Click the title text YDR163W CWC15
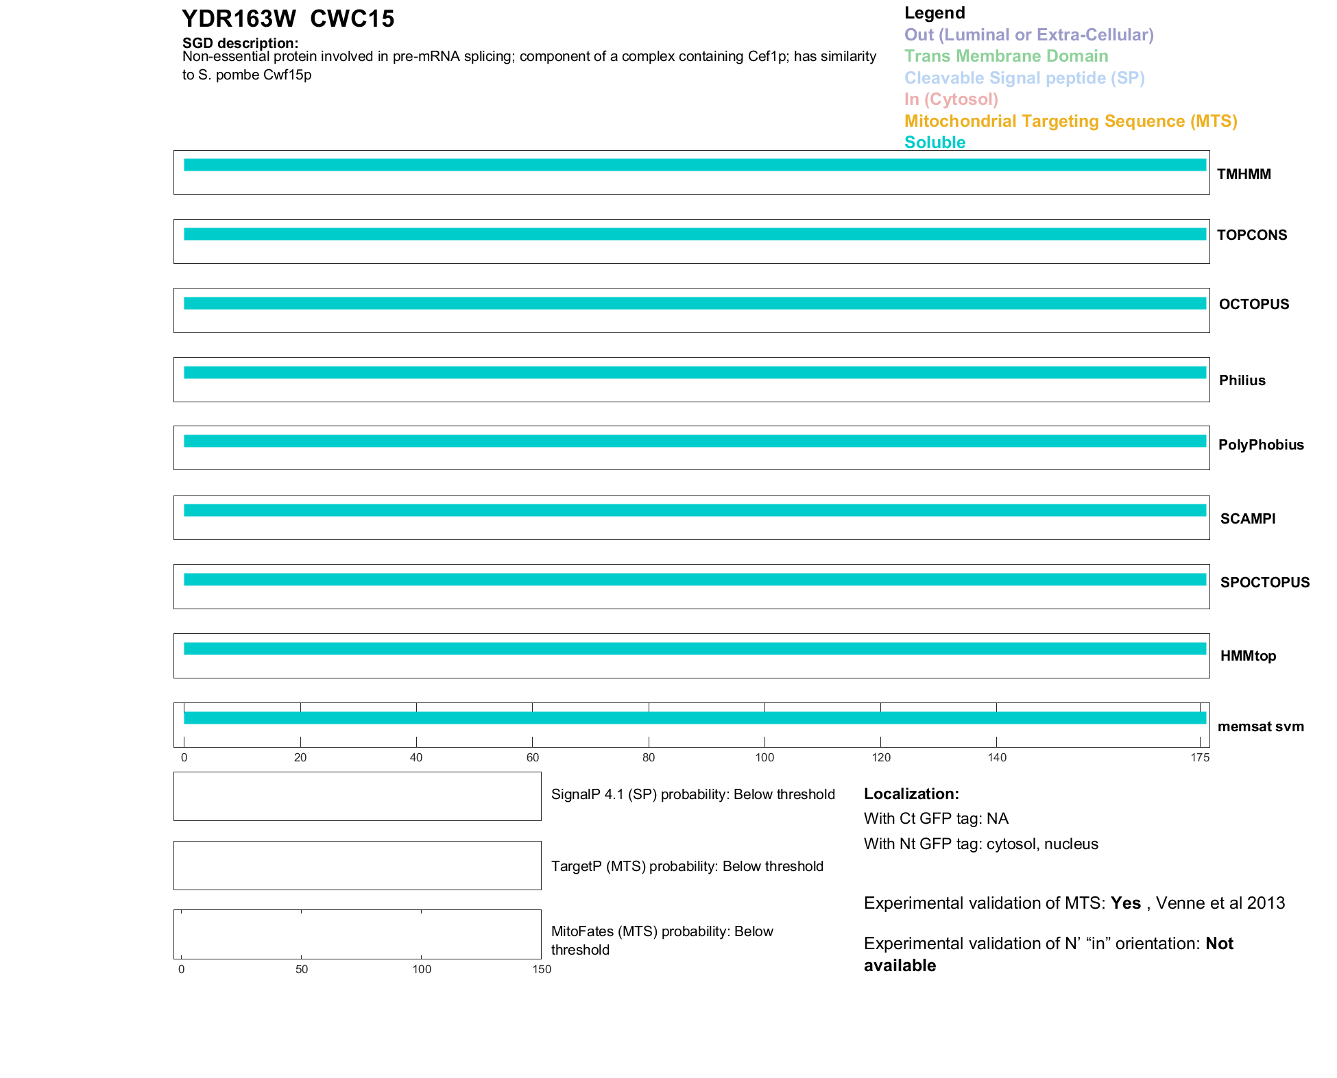288,19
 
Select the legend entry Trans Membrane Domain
1006,56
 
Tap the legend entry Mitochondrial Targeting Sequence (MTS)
1070,121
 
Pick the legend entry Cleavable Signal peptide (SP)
1024,78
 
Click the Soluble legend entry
935,143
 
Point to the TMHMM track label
1244,174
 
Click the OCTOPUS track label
1253,304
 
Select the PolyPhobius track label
1261,445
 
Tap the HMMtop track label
1248,656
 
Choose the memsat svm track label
1260,726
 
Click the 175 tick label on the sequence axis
1200,757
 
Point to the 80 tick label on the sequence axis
649,757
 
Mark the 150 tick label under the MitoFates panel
542,969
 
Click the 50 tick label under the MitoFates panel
302,969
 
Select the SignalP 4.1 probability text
692,794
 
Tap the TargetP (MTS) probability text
687,866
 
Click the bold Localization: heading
911,794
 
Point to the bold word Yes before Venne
1125,903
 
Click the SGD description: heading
240,43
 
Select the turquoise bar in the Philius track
695,373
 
